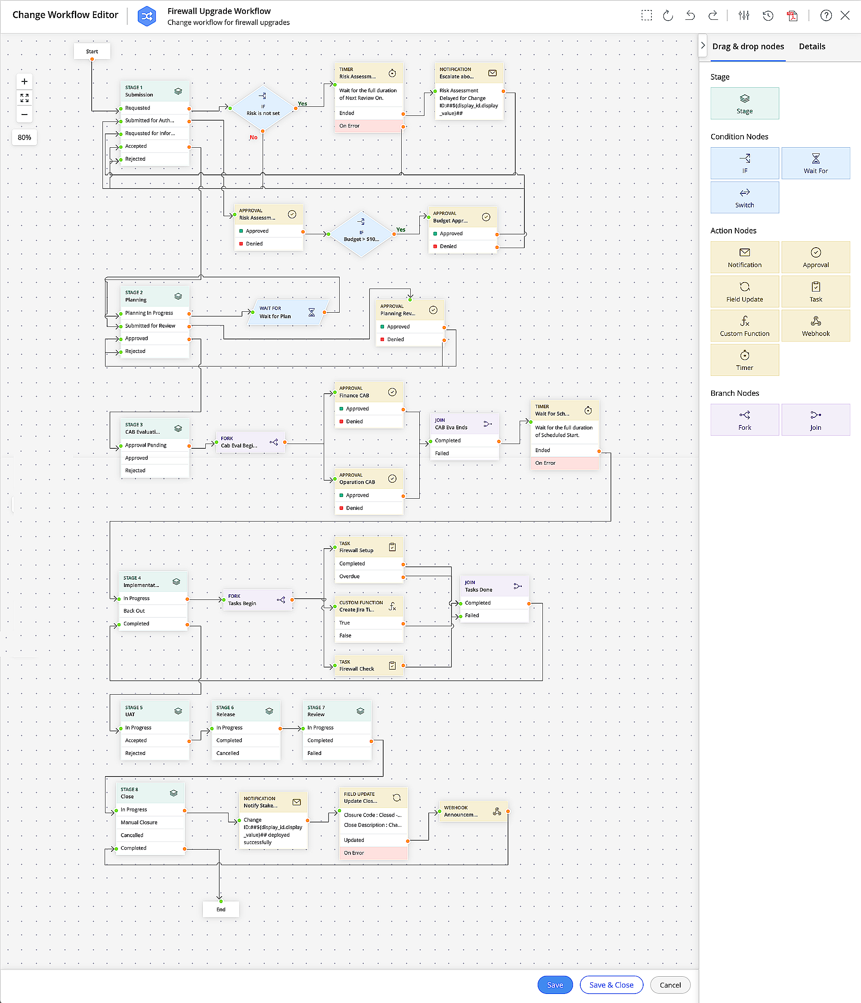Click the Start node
pos(92,51)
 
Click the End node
pos(221,909)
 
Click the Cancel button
pos(670,984)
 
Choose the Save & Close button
pos(611,984)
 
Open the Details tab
pos(811,47)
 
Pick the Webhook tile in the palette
pos(815,325)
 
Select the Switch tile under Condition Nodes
pos(744,198)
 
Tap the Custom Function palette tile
pos(744,325)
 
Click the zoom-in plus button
pos(25,81)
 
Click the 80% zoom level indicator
pos(25,137)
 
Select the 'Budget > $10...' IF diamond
pos(362,235)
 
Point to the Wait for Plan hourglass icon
pos(312,312)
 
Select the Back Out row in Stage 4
pos(152,611)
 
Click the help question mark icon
pos(826,16)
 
